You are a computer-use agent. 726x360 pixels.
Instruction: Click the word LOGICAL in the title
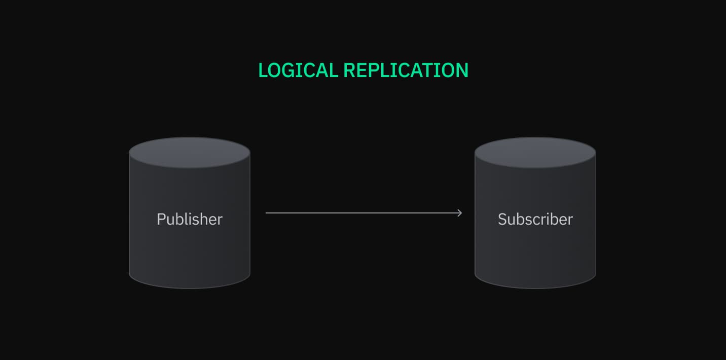click(298, 70)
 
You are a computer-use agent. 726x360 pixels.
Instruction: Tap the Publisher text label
click(189, 219)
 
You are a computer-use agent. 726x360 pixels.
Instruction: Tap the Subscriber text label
click(535, 219)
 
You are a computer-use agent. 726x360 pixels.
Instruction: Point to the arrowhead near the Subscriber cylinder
click(460, 213)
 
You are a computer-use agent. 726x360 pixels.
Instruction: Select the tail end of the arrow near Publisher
click(267, 213)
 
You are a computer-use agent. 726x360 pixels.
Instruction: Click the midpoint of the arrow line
click(364, 213)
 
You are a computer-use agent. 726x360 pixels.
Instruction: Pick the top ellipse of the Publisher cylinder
click(189, 152)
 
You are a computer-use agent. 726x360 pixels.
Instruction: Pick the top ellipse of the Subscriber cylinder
click(535, 152)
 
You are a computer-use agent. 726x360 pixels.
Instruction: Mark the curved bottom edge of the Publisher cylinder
click(189, 287)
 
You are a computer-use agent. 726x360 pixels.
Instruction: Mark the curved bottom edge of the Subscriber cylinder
click(535, 287)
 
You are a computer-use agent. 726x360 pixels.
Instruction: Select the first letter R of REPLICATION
click(349, 70)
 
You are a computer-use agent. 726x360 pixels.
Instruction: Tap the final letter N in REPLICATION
click(461, 70)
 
